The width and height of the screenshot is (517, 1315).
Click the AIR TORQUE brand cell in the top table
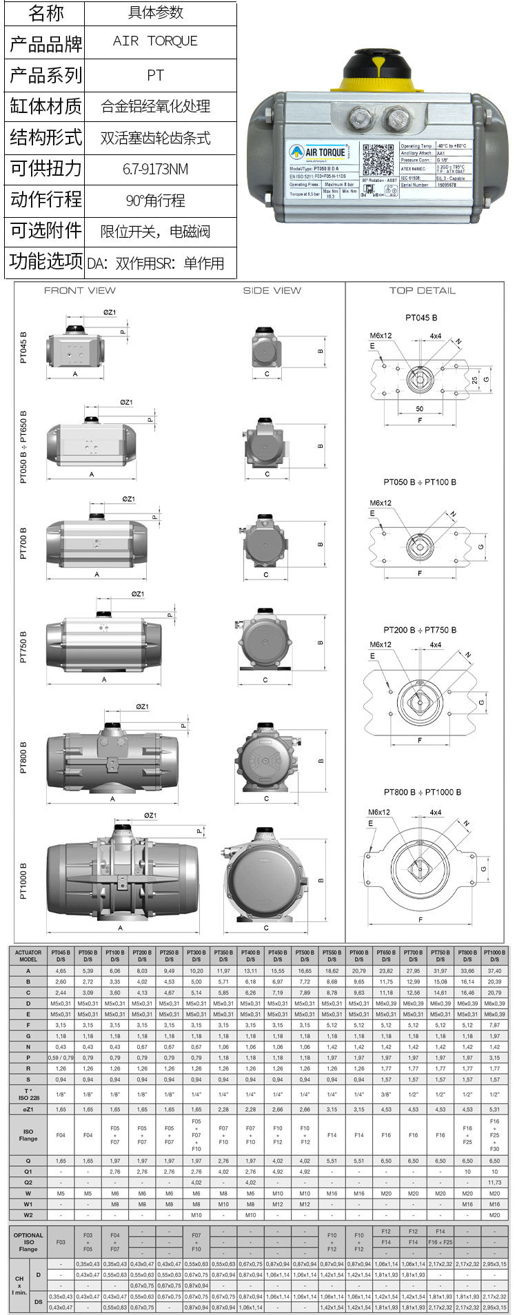[x=155, y=41]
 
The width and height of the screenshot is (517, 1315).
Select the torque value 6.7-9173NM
[x=155, y=169]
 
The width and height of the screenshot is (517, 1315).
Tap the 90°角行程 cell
[x=155, y=201]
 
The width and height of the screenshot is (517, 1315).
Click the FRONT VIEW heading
[x=80, y=290]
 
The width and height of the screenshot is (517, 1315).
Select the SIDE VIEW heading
[x=272, y=290]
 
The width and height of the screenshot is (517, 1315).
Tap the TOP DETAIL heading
[x=422, y=290]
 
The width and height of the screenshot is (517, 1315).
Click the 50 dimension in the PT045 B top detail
[x=419, y=409]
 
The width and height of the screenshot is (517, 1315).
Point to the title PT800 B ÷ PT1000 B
[x=423, y=792]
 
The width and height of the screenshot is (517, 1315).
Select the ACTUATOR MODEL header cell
[x=28, y=955]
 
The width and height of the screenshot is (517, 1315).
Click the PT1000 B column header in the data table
[x=494, y=955]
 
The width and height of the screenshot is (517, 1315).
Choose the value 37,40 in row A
[x=494, y=970]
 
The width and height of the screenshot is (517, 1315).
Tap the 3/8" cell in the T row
[x=386, y=1094]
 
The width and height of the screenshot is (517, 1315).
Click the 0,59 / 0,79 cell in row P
[x=61, y=1057]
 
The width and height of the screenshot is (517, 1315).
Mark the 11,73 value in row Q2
[x=494, y=1182]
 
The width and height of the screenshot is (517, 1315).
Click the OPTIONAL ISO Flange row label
[x=28, y=1242]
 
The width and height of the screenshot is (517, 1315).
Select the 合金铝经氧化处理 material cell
[x=155, y=106]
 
